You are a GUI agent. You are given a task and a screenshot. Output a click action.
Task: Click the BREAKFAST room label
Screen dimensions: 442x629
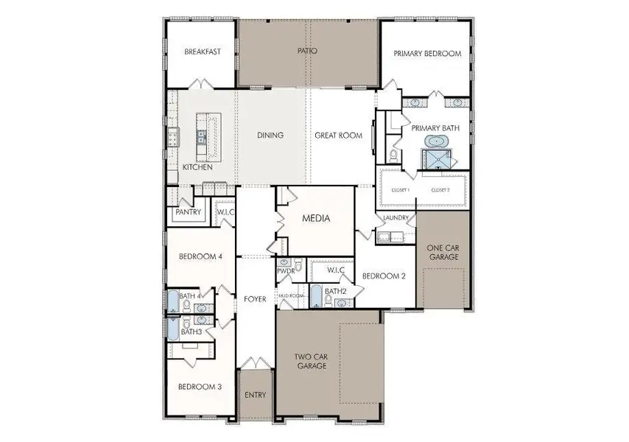pyautogui.click(x=202, y=52)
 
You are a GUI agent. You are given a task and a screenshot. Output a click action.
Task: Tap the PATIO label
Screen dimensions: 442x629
pyautogui.click(x=307, y=52)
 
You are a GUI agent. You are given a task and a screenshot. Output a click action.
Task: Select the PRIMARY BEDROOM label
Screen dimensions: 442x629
pyautogui.click(x=426, y=54)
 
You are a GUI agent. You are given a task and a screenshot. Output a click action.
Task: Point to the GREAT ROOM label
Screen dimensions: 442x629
pyautogui.click(x=338, y=136)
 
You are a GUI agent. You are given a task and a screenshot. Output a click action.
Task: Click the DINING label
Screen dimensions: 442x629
pyautogui.click(x=270, y=136)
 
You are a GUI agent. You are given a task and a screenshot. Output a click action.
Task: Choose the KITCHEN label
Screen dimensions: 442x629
pyautogui.click(x=197, y=167)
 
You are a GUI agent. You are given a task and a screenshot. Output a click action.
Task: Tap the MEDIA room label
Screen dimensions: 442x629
pyautogui.click(x=316, y=219)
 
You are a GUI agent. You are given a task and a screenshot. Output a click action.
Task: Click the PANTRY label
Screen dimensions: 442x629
pyautogui.click(x=188, y=212)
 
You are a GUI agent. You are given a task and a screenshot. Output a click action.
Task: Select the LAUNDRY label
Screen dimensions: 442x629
pyautogui.click(x=396, y=218)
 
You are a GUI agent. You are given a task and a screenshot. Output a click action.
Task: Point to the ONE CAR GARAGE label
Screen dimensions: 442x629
pyautogui.click(x=443, y=252)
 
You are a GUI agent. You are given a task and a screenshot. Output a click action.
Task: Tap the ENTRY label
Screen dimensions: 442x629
pyautogui.click(x=255, y=395)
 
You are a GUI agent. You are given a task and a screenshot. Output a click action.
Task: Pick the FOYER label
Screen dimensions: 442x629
pyautogui.click(x=255, y=298)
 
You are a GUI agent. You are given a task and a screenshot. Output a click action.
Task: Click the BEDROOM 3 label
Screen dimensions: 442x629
pyautogui.click(x=195, y=386)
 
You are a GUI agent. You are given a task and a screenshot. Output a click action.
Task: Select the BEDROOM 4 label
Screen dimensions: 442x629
pyautogui.click(x=200, y=256)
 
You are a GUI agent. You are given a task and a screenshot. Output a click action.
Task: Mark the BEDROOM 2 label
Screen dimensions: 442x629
pyautogui.click(x=384, y=276)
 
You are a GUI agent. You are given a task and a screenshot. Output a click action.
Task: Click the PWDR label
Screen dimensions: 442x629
pyautogui.click(x=286, y=271)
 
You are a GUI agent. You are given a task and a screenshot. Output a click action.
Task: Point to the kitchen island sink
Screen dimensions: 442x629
pyautogui.click(x=200, y=135)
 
